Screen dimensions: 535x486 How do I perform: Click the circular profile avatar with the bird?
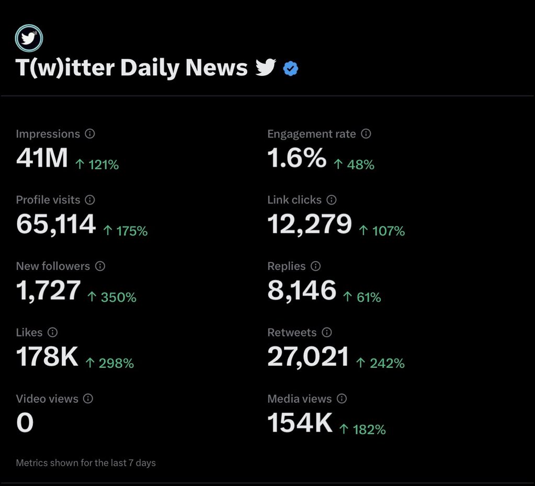[x=29, y=38]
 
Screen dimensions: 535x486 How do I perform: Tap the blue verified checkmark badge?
[x=291, y=68]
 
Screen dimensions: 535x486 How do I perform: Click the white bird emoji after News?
[x=266, y=67]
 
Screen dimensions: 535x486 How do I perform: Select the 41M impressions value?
[x=42, y=158]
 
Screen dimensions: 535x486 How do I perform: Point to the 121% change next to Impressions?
[x=97, y=164]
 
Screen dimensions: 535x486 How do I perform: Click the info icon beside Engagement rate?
[x=366, y=133]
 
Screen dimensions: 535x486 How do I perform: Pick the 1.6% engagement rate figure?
[x=297, y=158]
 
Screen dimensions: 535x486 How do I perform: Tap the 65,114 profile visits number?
[x=56, y=224]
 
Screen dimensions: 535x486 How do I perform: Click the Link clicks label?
[x=294, y=200]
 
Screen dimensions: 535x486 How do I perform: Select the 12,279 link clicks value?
[x=310, y=224]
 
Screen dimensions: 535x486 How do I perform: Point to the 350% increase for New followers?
[x=112, y=297]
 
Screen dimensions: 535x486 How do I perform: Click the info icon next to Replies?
[x=315, y=266]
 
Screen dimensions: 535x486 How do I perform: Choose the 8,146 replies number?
[x=302, y=290]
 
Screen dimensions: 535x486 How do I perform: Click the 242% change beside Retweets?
[x=380, y=363]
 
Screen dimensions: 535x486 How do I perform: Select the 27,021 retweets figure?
[x=308, y=357]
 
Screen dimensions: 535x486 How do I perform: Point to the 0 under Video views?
[x=25, y=423]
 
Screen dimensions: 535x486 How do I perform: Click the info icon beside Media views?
[x=342, y=398]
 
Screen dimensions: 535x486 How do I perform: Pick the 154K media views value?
[x=300, y=423]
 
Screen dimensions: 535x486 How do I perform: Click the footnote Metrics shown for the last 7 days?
[x=86, y=463]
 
